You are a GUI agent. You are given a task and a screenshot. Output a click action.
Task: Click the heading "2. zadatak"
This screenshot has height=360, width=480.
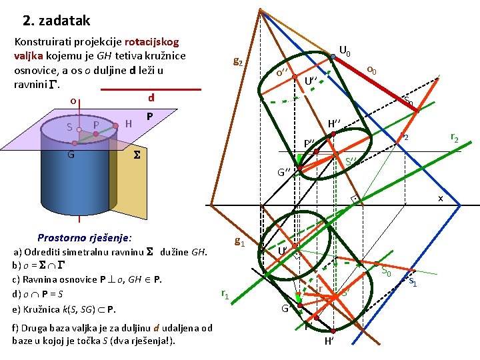click(x=56, y=21)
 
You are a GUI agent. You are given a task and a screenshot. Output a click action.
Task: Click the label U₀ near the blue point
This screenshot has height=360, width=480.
click(x=345, y=50)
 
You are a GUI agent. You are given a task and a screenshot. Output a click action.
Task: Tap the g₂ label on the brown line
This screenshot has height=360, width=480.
click(x=237, y=62)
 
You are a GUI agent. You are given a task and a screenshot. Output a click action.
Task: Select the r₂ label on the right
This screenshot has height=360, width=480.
click(x=454, y=138)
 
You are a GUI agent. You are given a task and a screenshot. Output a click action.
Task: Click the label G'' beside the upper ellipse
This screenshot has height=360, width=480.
click(x=285, y=173)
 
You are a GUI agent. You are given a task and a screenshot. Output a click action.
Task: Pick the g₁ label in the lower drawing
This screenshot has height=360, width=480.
click(x=239, y=243)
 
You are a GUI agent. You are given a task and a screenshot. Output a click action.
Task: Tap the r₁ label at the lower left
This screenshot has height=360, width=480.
click(x=225, y=293)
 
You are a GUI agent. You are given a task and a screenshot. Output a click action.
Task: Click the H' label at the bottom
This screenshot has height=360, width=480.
click(x=329, y=341)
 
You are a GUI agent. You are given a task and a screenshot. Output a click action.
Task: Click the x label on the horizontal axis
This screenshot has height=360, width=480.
click(x=439, y=199)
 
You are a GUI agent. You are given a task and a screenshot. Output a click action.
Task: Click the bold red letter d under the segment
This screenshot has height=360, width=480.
click(x=151, y=97)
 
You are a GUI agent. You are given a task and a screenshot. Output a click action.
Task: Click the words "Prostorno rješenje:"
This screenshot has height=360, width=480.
click(x=85, y=237)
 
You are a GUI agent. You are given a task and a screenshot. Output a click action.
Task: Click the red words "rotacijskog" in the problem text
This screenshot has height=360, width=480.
click(x=151, y=40)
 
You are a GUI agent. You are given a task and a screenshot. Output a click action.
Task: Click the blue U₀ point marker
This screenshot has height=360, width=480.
click(x=333, y=57)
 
